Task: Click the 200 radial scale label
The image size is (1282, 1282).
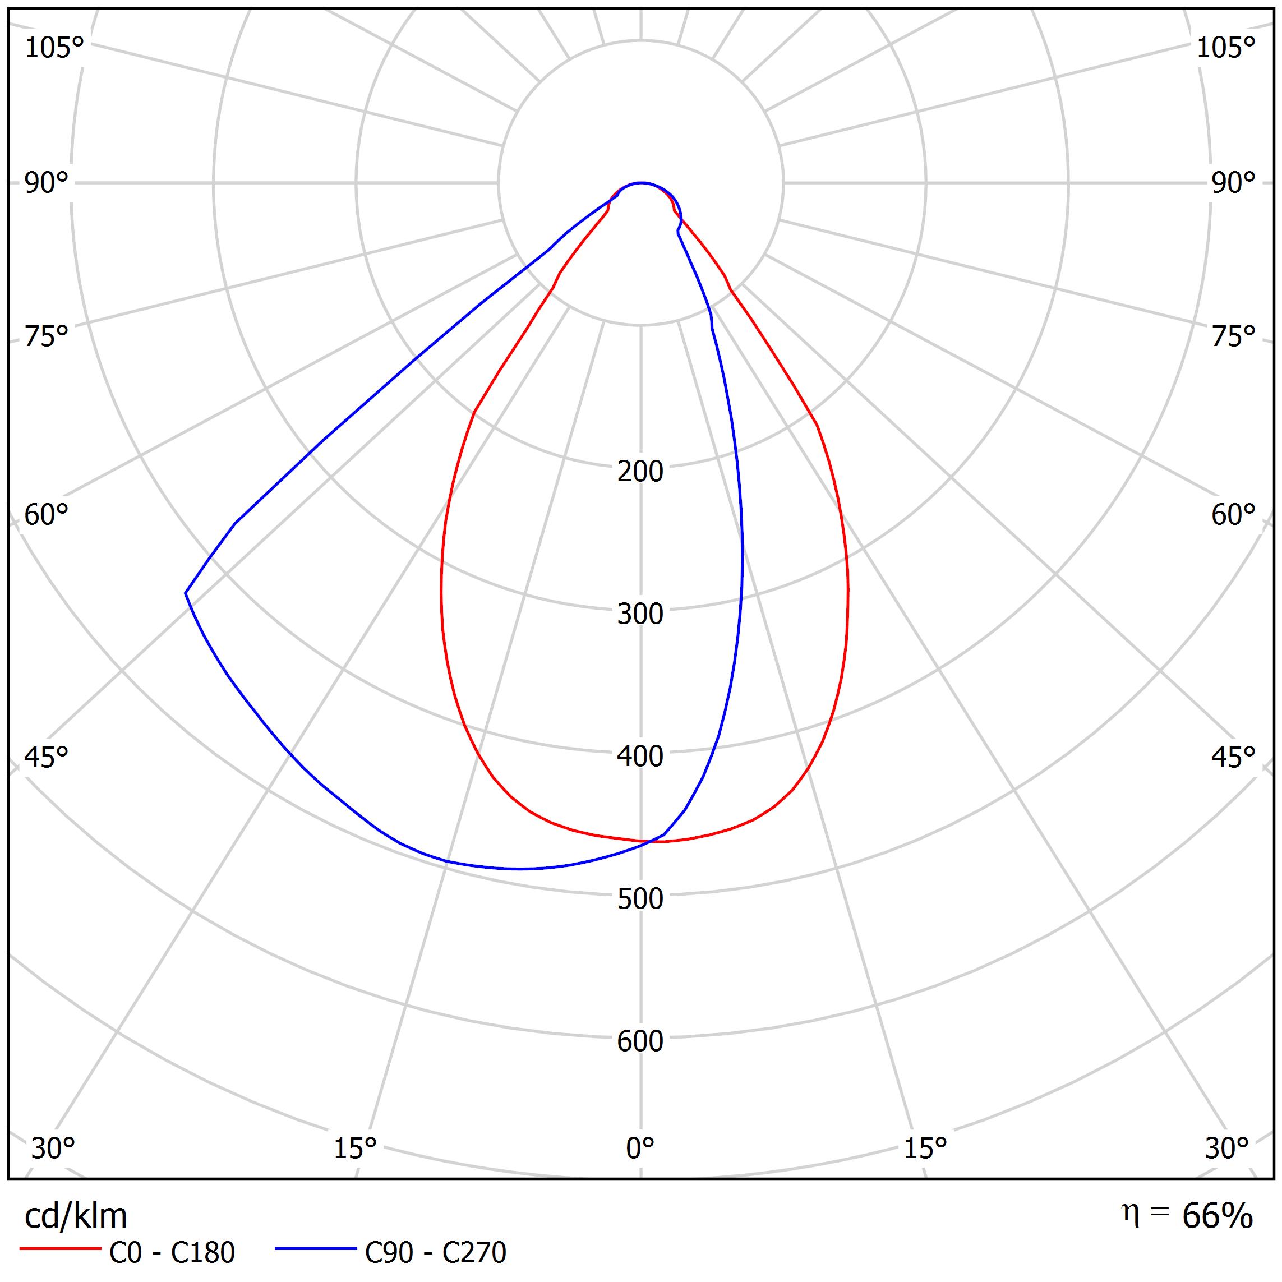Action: [640, 472]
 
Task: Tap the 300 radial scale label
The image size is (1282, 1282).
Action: [640, 615]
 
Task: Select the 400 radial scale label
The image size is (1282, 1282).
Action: [640, 757]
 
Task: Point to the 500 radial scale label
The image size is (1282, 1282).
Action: [640, 899]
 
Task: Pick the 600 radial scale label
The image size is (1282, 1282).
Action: [640, 1041]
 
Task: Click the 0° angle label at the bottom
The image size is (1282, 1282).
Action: [640, 1148]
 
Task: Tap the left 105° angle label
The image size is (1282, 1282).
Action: [54, 48]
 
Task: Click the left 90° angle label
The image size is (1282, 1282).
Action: [47, 183]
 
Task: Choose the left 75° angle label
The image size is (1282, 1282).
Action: [47, 337]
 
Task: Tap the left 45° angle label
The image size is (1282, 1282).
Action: [47, 757]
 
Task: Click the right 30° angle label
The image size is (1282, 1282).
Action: [1227, 1148]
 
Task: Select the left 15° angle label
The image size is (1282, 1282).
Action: [355, 1148]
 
